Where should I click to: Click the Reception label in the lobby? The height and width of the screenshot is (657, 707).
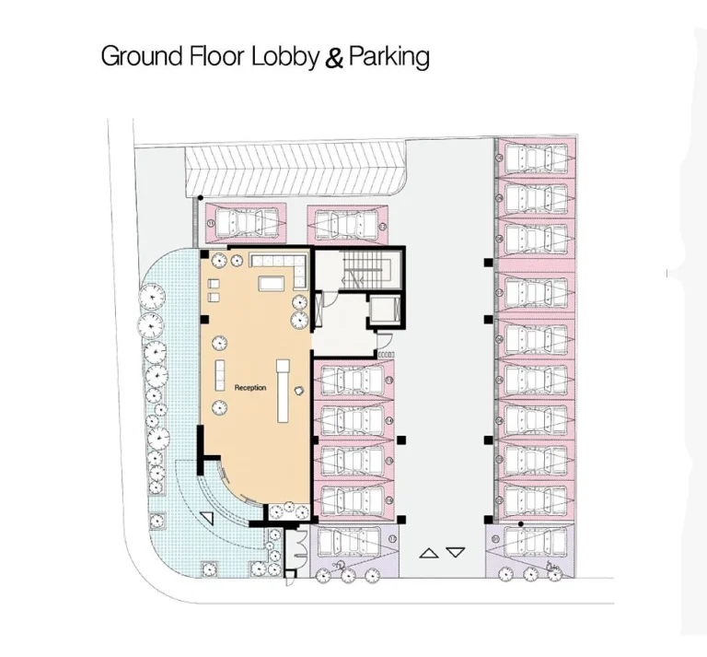pyautogui.click(x=249, y=388)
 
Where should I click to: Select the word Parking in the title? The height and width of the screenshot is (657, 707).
pyautogui.click(x=389, y=56)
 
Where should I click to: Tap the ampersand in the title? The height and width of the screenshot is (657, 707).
pyautogui.click(x=334, y=58)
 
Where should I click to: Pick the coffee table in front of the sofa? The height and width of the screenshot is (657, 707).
pyautogui.click(x=272, y=283)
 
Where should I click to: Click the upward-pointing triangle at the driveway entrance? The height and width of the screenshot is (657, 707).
pyautogui.click(x=428, y=553)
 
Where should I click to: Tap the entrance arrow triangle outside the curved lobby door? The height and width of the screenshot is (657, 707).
pyautogui.click(x=207, y=519)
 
